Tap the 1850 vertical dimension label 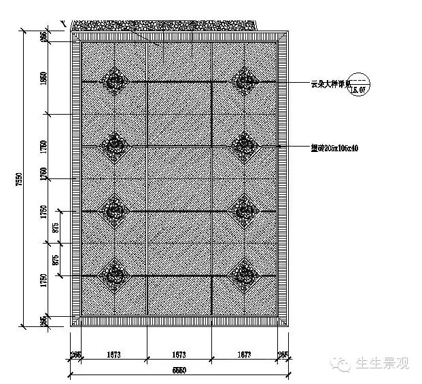tap(44, 77)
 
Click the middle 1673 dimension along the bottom tap(179, 355)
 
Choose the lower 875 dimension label tap(56, 258)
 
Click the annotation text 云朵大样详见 tap(329, 83)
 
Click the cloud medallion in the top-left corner tap(114, 82)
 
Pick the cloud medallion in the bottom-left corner tap(114, 275)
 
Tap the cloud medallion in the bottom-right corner tap(243, 275)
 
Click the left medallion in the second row tap(114, 145)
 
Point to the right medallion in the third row tap(243, 211)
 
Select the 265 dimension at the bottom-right tap(283, 355)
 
